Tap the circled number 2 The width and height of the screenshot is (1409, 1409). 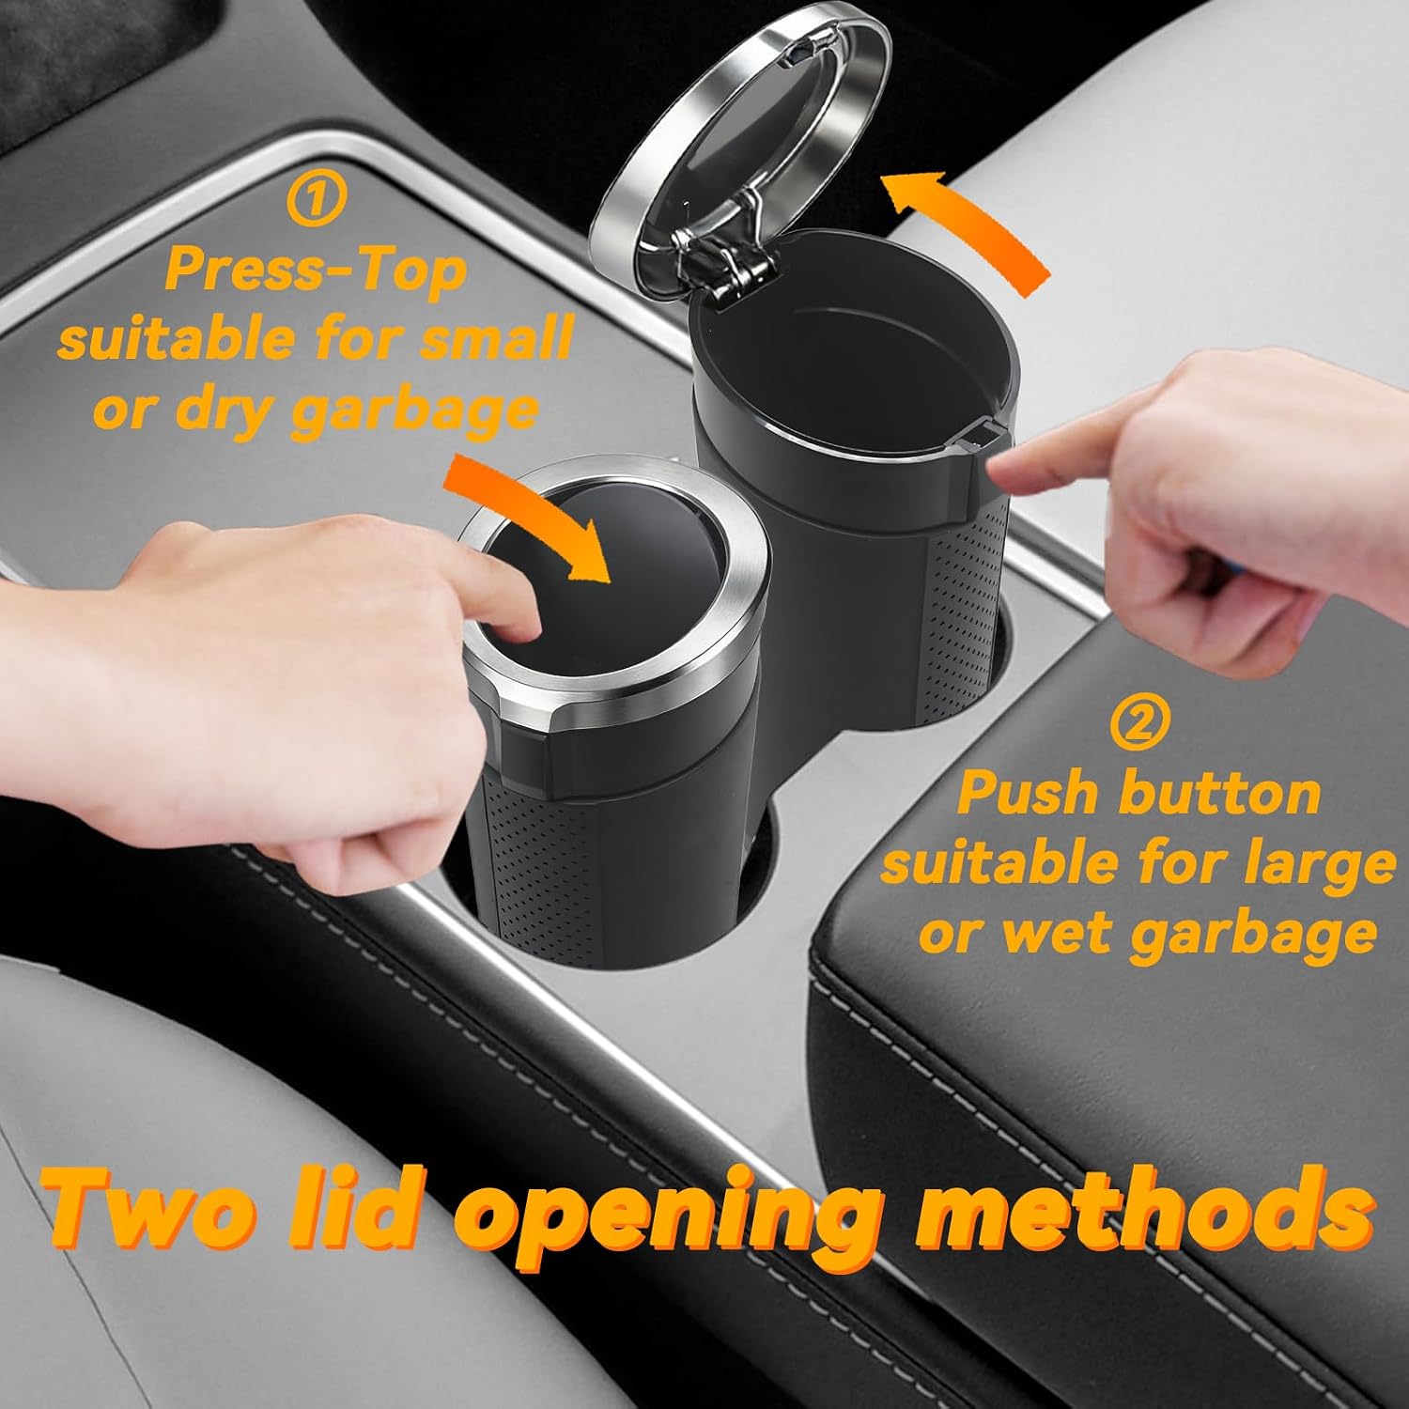coord(1140,722)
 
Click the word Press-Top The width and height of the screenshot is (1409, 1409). coord(316,271)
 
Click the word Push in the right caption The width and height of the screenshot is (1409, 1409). coord(1030,794)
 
